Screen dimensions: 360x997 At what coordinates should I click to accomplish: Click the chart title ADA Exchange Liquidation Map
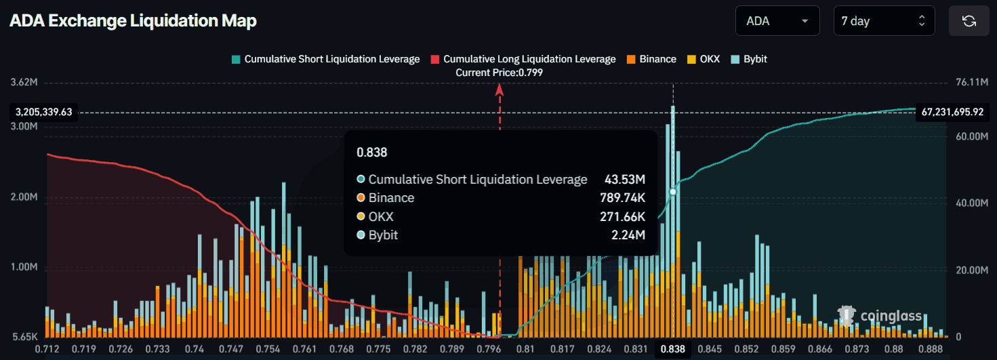(x=133, y=21)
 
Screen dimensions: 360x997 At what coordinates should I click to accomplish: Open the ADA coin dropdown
(x=777, y=21)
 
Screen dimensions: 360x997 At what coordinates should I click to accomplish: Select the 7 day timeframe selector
(x=883, y=21)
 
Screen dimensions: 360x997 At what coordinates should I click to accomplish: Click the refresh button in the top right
(x=969, y=21)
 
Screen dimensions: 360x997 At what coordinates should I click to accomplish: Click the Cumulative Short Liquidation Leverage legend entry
(x=325, y=59)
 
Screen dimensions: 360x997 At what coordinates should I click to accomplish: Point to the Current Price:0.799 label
(x=499, y=73)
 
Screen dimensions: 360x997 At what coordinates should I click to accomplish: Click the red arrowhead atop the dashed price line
(x=500, y=88)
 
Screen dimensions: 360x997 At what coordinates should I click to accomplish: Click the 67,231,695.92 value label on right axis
(x=952, y=112)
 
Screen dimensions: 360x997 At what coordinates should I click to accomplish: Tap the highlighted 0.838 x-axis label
(x=672, y=349)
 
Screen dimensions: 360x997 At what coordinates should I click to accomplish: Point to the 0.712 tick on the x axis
(x=47, y=349)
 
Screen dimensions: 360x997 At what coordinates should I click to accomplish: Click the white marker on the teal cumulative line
(x=673, y=193)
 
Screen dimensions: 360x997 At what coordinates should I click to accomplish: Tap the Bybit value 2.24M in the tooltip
(x=631, y=235)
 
